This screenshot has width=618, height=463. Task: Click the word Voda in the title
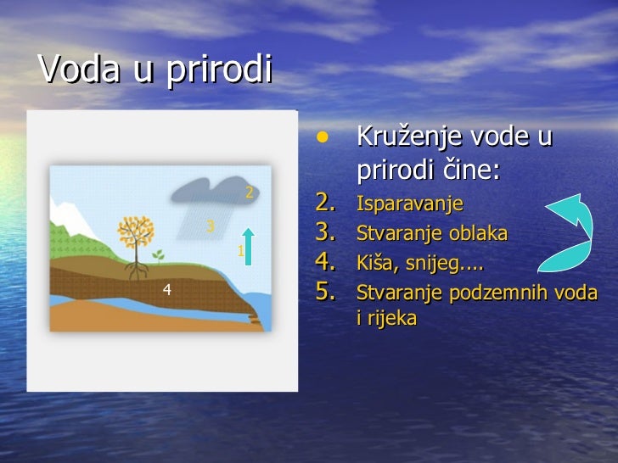[x=77, y=70]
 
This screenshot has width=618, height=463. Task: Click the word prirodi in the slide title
[x=218, y=70]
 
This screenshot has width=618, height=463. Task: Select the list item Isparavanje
[x=409, y=204]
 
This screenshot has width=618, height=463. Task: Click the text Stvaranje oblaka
[x=432, y=233]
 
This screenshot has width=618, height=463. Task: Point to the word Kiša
[x=377, y=263]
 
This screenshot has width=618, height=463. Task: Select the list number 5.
[x=328, y=292]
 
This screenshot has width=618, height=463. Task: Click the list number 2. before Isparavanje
[x=328, y=204]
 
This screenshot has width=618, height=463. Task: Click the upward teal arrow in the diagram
[x=247, y=246]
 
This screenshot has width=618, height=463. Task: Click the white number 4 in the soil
[x=167, y=290]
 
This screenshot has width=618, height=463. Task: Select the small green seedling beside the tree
[x=158, y=254]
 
